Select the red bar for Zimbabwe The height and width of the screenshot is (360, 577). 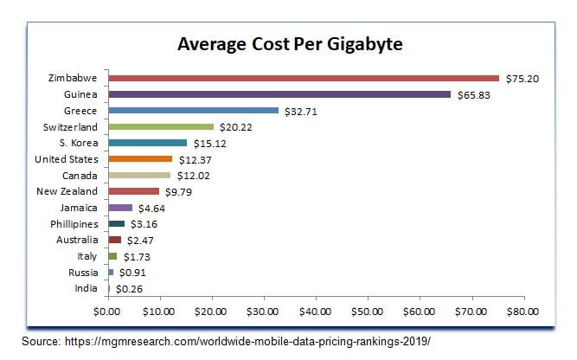(x=303, y=78)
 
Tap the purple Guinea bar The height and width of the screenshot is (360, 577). (x=279, y=94)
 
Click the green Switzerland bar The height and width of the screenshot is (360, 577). (x=160, y=126)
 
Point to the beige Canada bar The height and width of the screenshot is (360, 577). (x=138, y=175)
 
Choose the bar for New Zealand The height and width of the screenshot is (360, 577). (x=133, y=191)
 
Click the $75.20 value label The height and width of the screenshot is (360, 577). (x=523, y=78)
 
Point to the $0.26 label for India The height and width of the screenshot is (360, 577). (x=130, y=288)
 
